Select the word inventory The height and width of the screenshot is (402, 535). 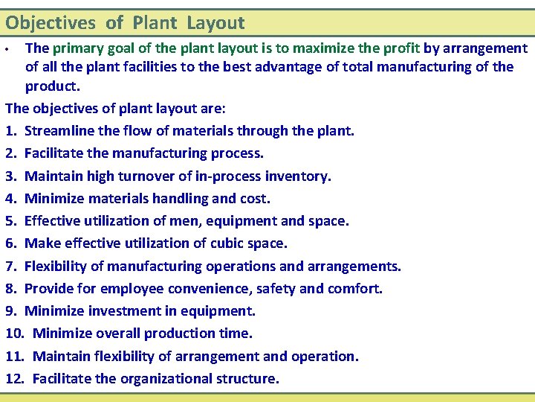(x=296, y=176)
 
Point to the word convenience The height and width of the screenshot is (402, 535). (x=202, y=288)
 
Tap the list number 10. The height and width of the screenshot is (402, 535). (x=15, y=333)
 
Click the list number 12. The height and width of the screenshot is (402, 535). (x=15, y=378)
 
